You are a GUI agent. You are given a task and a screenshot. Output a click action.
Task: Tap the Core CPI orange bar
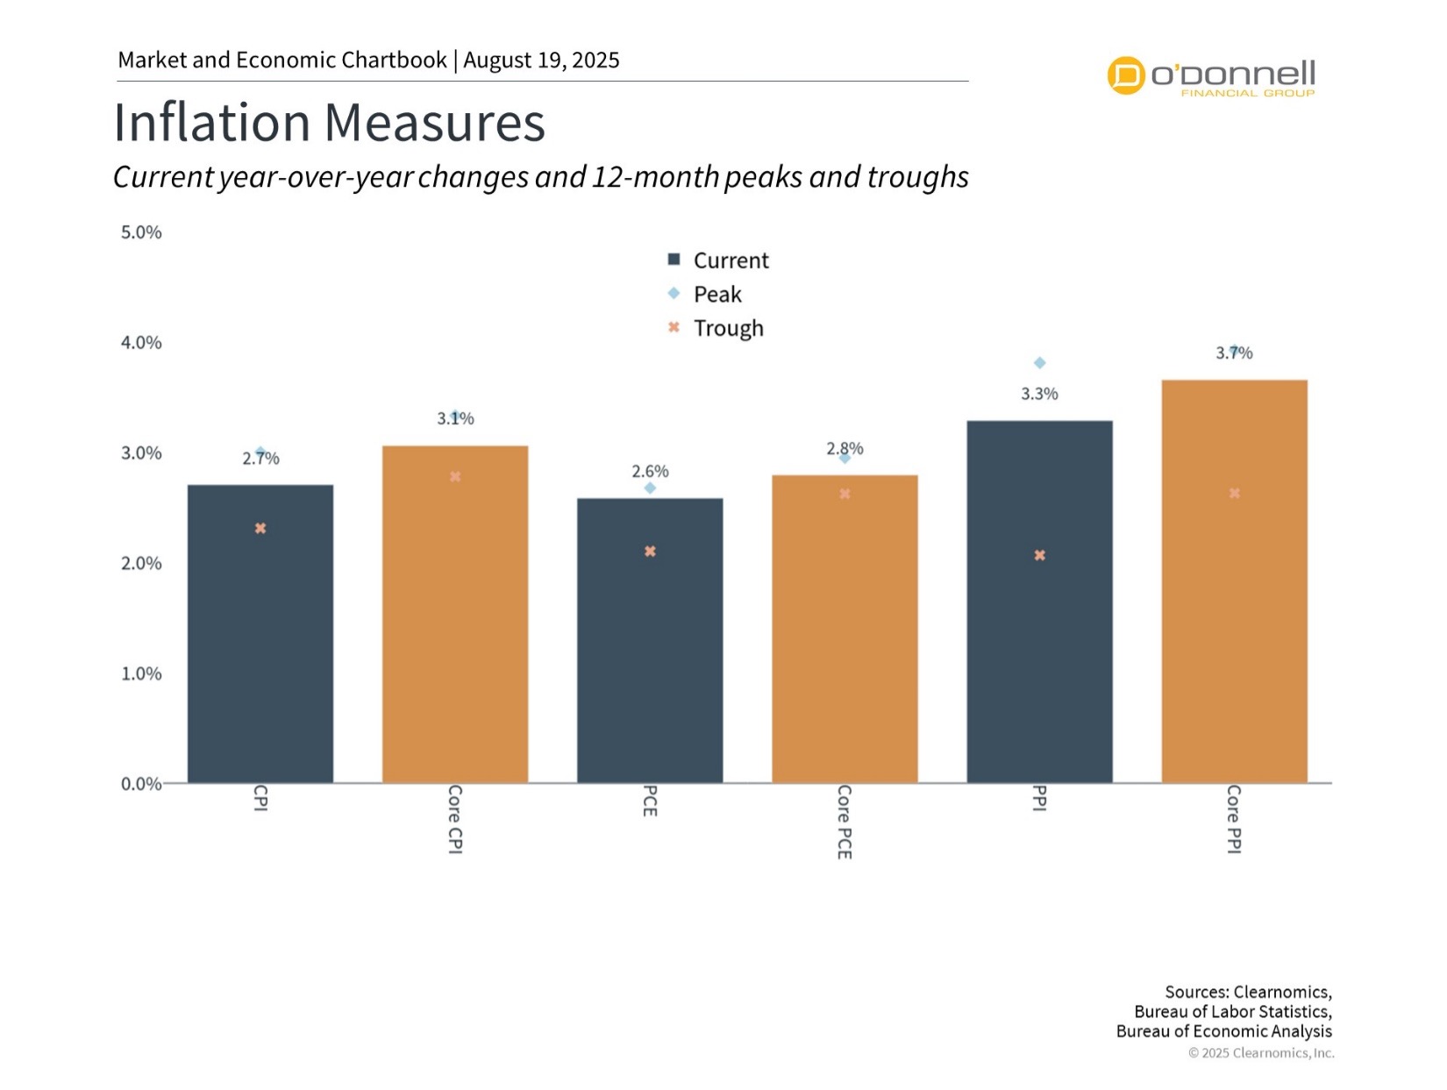tap(455, 614)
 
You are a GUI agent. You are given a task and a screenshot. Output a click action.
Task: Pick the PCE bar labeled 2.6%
tap(650, 640)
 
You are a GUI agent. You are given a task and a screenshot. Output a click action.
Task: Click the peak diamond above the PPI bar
tap(1039, 363)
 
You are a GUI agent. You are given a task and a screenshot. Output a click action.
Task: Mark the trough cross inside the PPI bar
tap(1039, 555)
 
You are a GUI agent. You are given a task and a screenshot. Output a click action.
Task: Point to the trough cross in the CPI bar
tap(260, 529)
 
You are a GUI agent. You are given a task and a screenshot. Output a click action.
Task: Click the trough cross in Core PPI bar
tap(1234, 494)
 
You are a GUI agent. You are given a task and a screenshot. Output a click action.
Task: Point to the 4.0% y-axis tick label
tap(141, 343)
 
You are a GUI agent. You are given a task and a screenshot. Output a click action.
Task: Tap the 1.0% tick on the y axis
tap(141, 673)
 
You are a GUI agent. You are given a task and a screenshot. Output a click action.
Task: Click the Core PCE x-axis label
tap(844, 822)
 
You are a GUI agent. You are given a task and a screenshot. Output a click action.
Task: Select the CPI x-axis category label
tap(260, 798)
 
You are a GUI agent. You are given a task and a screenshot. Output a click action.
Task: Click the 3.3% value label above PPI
tap(1039, 395)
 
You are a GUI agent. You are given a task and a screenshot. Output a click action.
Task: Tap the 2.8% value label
tap(845, 448)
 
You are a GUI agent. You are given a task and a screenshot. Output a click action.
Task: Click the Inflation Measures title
tap(329, 123)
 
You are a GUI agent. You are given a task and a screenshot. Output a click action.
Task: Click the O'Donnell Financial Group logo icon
tap(1126, 75)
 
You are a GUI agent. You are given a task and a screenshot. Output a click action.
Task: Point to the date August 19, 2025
tap(541, 61)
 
